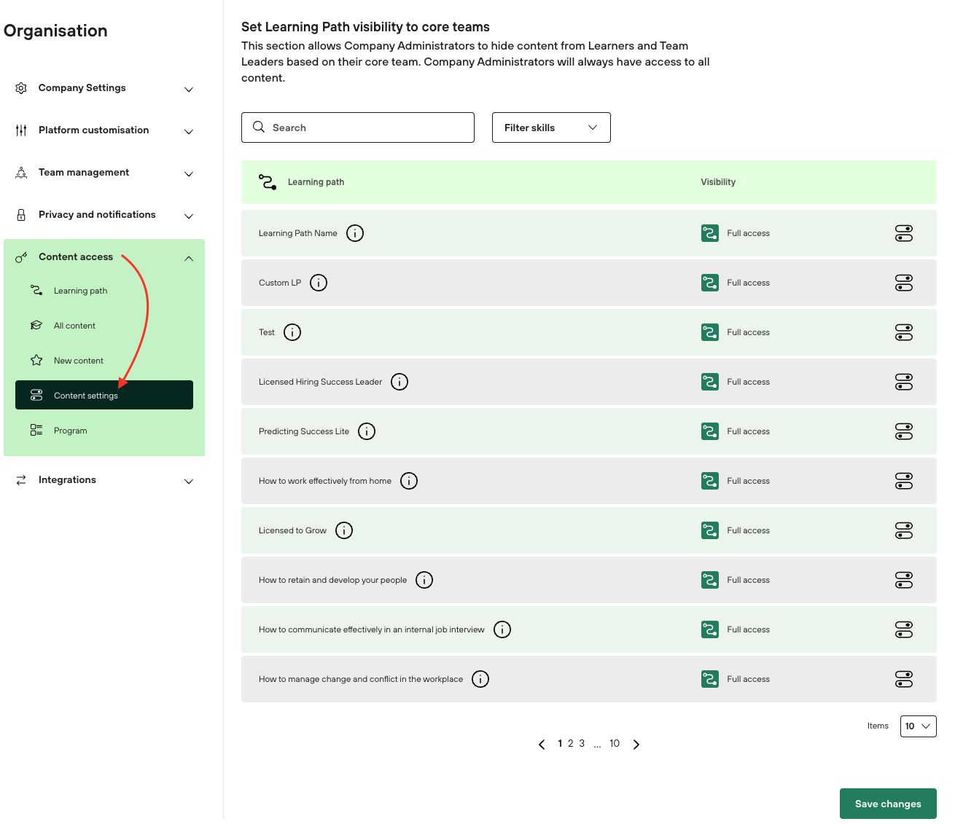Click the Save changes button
click(887, 803)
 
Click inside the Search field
click(358, 127)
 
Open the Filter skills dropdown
click(550, 127)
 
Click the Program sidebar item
click(70, 431)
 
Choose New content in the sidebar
click(78, 361)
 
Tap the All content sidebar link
click(74, 326)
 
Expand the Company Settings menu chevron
click(189, 89)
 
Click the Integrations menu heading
click(67, 479)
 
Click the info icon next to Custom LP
click(319, 283)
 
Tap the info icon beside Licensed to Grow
click(344, 530)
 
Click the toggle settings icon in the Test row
click(904, 332)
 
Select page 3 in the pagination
click(582, 743)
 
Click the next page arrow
click(636, 744)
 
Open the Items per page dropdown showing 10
click(918, 726)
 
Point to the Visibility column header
click(718, 182)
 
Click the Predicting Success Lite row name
click(303, 431)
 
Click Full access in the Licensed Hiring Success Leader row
click(748, 382)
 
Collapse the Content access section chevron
click(189, 259)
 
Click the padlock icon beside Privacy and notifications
click(21, 215)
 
